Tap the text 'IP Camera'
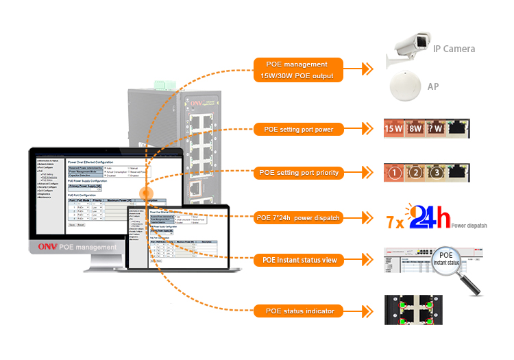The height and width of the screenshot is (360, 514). (454, 49)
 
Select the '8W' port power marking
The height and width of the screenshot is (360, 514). (415, 128)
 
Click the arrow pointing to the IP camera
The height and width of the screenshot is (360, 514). (367, 69)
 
